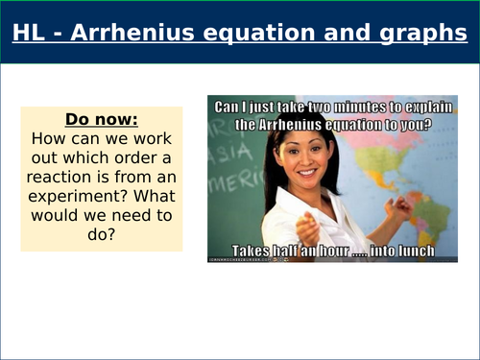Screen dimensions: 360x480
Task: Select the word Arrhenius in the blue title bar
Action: [145, 34]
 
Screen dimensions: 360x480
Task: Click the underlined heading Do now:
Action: [101, 121]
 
